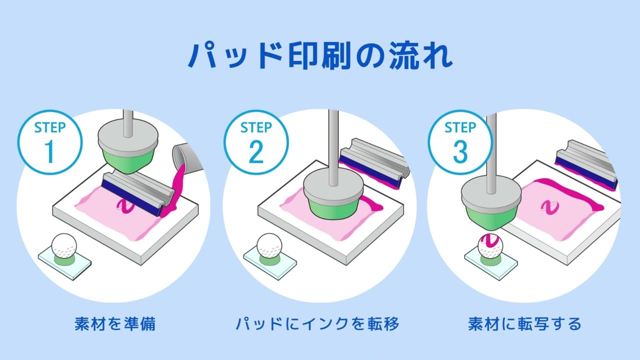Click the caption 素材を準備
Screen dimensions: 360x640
tap(115, 324)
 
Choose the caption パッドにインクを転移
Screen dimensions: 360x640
tap(317, 324)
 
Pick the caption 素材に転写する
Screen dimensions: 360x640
tap(524, 324)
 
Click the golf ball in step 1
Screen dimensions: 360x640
tap(64, 245)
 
